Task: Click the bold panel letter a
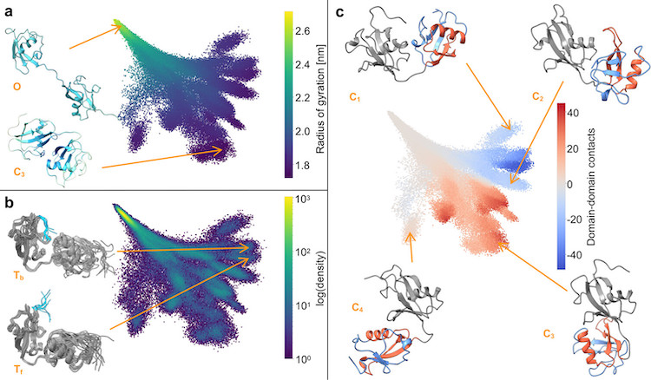point(9,11)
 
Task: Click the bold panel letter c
point(340,11)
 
